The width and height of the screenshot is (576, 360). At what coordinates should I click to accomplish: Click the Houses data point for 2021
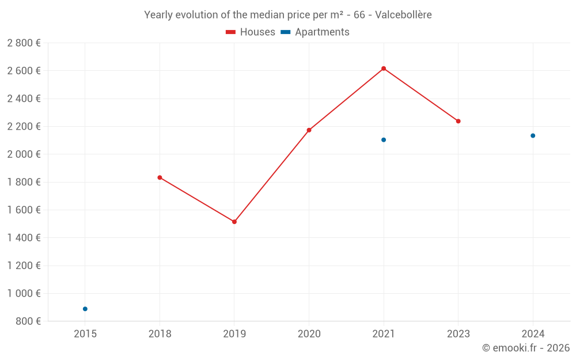click(x=384, y=69)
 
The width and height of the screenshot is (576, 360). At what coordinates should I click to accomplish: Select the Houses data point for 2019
click(x=234, y=222)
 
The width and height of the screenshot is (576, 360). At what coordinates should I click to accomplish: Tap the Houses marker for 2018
click(x=160, y=177)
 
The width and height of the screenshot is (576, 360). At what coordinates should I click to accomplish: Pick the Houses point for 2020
click(x=309, y=130)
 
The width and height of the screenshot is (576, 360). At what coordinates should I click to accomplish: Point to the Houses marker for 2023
click(x=458, y=121)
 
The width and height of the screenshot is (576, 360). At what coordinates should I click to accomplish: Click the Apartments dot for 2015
click(x=85, y=309)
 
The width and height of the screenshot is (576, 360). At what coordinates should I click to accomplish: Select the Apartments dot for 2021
click(x=384, y=140)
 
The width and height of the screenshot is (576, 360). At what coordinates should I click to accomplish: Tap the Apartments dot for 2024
click(x=533, y=136)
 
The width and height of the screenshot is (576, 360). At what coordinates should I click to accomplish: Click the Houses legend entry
click(x=251, y=32)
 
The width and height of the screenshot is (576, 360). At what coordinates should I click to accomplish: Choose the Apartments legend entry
click(x=315, y=32)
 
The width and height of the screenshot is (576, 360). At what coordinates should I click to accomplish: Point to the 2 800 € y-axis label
click(x=24, y=43)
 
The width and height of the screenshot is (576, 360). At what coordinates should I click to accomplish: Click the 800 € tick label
click(x=27, y=321)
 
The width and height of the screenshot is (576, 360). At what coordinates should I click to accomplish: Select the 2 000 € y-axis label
click(x=24, y=154)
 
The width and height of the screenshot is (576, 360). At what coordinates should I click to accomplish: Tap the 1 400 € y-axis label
click(x=24, y=238)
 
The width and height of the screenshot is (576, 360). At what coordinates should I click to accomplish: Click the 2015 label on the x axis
click(x=85, y=334)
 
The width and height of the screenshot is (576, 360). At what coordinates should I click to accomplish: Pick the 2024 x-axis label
click(x=533, y=334)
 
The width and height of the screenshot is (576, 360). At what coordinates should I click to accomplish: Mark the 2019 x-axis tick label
click(x=234, y=334)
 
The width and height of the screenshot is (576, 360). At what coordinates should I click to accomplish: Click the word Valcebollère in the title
click(x=403, y=15)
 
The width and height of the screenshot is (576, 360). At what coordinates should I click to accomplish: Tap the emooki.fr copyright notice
click(x=526, y=348)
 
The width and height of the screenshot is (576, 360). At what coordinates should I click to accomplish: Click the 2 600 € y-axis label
click(x=24, y=71)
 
